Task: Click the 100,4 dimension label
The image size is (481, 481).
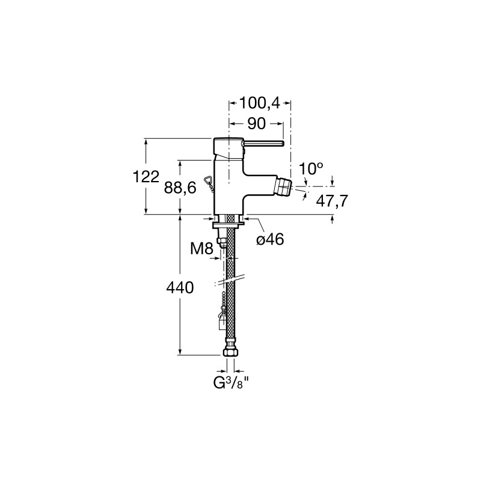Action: (x=260, y=103)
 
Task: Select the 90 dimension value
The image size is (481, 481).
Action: (x=257, y=124)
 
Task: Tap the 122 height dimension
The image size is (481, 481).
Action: (x=146, y=177)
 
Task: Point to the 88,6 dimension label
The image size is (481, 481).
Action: (x=180, y=188)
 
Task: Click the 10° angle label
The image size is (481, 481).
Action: (x=311, y=168)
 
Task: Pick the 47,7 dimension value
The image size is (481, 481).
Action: (x=332, y=201)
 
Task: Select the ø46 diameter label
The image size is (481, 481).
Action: (x=270, y=239)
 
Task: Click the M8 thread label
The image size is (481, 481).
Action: (x=201, y=248)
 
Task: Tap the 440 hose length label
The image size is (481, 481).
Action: (x=180, y=288)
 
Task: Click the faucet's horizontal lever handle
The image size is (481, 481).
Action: (x=264, y=143)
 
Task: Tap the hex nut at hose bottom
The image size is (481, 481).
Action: (x=230, y=351)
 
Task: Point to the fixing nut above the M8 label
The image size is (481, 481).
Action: (x=222, y=240)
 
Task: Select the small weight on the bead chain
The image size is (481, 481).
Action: (x=222, y=323)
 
